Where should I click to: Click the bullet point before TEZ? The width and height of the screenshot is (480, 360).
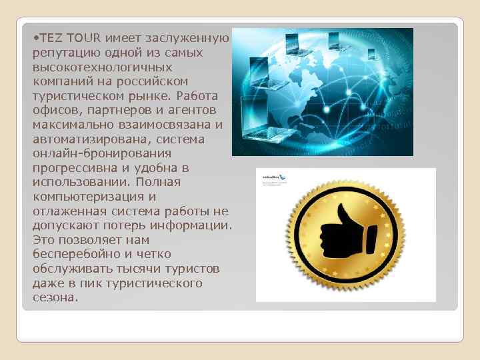coord(35,38)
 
